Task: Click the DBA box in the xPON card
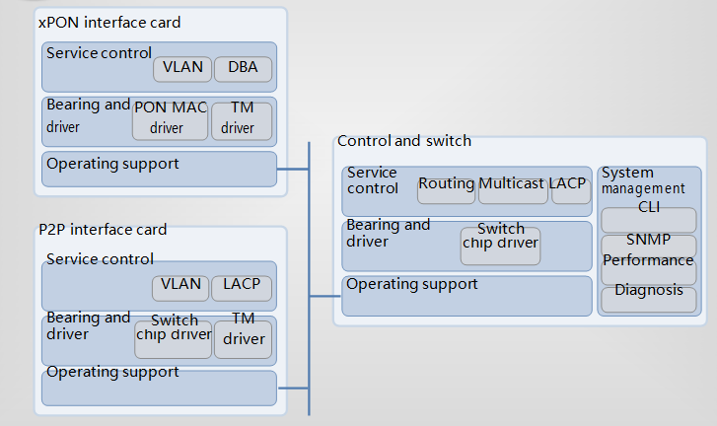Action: (x=243, y=69)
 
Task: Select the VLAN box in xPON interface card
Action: (x=182, y=69)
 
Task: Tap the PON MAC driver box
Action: (x=170, y=121)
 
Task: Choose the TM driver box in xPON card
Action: (x=242, y=121)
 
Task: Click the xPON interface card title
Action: (x=109, y=23)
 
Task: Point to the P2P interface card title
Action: (x=103, y=229)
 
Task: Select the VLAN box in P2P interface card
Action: (x=180, y=288)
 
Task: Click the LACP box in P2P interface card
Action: (x=242, y=288)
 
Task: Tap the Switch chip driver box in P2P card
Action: (x=174, y=339)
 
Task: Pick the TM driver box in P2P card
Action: (x=244, y=339)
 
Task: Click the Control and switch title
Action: (x=404, y=141)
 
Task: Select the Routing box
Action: (x=447, y=190)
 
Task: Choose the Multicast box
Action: (x=513, y=190)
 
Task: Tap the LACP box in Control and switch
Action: (x=571, y=190)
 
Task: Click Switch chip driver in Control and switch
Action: (x=500, y=246)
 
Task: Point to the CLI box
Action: (x=649, y=220)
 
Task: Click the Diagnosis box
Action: (x=649, y=300)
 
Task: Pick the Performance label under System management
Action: (x=648, y=260)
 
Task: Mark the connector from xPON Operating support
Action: (x=293, y=170)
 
